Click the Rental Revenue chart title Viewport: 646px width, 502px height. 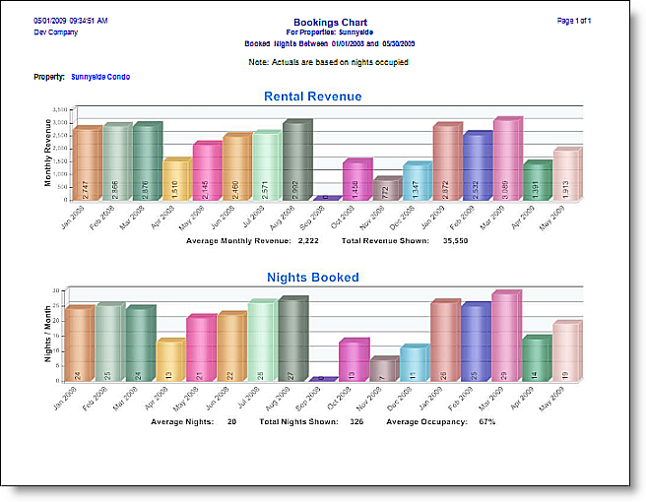[x=312, y=96]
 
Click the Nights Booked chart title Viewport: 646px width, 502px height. [x=312, y=278]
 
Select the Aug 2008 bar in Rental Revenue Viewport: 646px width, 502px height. [x=296, y=160]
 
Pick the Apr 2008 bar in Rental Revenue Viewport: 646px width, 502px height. [x=176, y=179]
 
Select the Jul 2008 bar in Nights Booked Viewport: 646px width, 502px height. [x=261, y=341]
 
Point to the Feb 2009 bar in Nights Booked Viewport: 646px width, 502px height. [x=477, y=342]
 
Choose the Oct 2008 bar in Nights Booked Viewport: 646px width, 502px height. [x=354, y=359]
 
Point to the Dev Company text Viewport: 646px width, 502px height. [x=55, y=32]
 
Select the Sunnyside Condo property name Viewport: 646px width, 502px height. [x=100, y=77]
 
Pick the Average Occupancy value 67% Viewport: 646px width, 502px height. [x=486, y=421]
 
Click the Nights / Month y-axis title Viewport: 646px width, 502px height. [x=48, y=335]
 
